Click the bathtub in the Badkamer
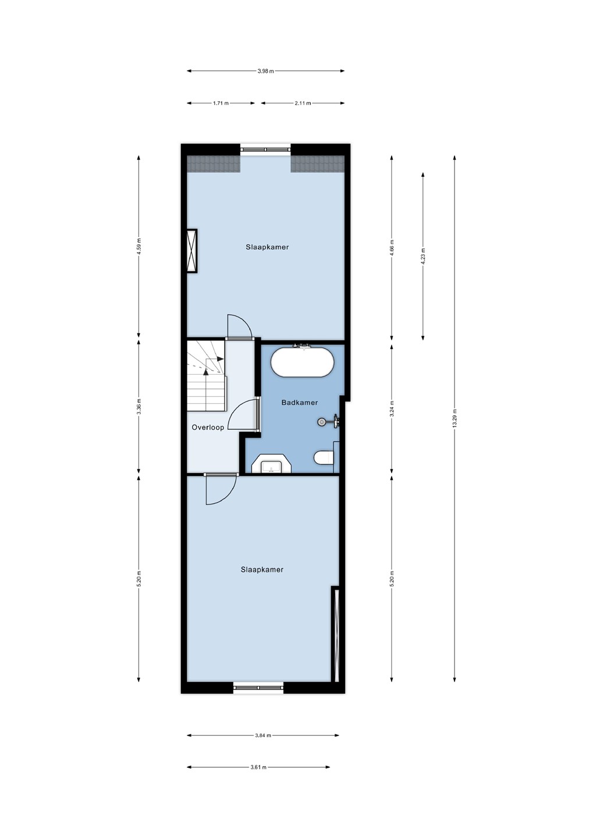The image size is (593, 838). click(302, 362)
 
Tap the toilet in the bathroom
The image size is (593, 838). click(324, 457)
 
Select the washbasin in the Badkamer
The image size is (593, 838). click(272, 464)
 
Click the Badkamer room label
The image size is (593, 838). click(299, 403)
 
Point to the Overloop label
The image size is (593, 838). click(208, 427)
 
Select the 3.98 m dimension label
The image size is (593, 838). click(265, 71)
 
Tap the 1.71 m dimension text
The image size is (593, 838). click(221, 103)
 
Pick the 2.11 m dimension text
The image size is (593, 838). click(303, 103)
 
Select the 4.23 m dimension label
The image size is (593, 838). click(422, 256)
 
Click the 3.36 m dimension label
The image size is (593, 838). click(139, 407)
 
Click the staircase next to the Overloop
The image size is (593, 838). click(206, 375)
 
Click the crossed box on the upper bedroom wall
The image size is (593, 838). click(192, 250)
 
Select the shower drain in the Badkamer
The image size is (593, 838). click(321, 422)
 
